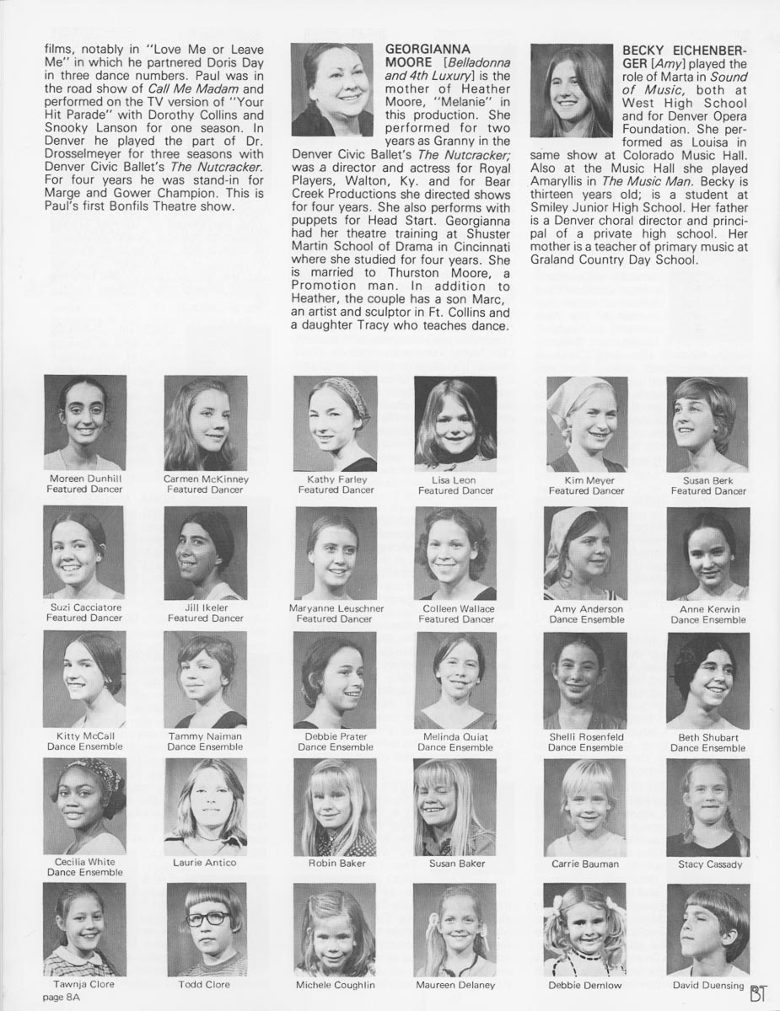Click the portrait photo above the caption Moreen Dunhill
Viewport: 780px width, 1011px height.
[x=85, y=422]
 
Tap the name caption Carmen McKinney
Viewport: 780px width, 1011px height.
[x=206, y=479]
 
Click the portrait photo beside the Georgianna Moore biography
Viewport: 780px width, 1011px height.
[x=332, y=90]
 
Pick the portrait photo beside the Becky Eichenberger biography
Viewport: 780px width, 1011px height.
[x=572, y=90]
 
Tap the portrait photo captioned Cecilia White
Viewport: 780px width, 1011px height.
[x=85, y=806]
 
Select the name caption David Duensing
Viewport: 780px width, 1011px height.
[x=707, y=985]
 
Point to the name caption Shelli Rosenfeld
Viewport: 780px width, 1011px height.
[x=586, y=736]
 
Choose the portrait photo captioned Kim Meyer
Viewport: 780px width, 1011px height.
[x=587, y=424]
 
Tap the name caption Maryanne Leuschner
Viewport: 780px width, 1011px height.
[x=336, y=608]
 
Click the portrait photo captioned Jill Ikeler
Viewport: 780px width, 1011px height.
[x=206, y=553]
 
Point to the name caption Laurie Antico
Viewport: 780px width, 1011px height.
[x=205, y=863]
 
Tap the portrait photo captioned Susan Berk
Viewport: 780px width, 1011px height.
[x=707, y=424]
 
